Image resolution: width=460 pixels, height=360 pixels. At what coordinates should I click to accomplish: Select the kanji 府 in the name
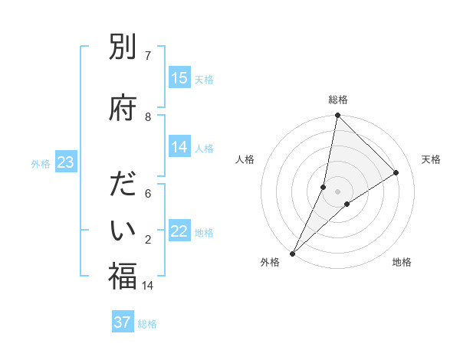123,109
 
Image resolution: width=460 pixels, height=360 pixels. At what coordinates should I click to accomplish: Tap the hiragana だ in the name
123,186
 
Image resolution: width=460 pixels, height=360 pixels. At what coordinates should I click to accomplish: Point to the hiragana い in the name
123,231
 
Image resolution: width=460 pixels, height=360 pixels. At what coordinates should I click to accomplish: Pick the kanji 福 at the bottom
123,277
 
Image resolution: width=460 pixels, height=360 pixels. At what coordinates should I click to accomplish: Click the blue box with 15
179,78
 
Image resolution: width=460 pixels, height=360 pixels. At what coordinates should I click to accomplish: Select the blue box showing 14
179,148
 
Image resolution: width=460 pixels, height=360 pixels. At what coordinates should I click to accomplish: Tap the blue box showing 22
179,232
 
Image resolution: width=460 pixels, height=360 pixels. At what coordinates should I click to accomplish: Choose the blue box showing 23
65,162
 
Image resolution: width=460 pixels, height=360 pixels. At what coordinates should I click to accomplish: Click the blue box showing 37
123,322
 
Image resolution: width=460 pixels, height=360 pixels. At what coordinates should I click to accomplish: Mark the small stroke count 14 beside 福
148,285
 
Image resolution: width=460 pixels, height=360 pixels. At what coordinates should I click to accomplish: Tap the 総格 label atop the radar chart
337,100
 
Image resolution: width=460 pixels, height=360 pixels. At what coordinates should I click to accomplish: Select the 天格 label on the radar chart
431,159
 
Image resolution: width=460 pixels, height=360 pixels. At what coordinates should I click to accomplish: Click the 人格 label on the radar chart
245,159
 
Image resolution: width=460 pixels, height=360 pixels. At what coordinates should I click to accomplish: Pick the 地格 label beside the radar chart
402,263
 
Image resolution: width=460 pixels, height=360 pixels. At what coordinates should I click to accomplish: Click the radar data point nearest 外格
292,253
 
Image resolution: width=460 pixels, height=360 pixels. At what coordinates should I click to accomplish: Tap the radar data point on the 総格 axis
337,115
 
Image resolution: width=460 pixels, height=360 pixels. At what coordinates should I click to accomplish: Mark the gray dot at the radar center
337,191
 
